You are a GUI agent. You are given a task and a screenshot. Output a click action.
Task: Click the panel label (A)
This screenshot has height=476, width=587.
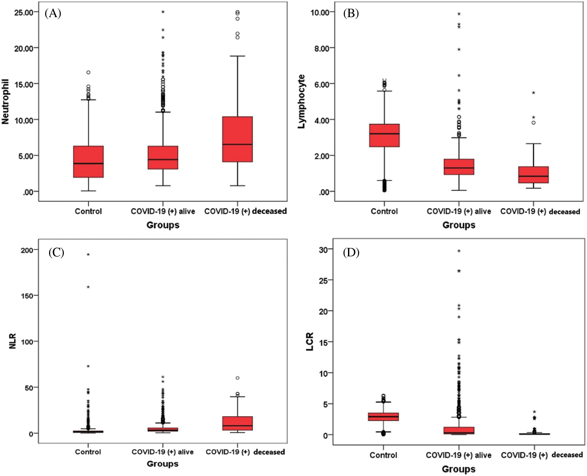point(53,14)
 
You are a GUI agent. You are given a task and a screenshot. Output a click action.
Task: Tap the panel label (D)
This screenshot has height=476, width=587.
point(351,253)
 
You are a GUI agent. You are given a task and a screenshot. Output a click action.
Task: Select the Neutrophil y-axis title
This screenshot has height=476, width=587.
point(5,102)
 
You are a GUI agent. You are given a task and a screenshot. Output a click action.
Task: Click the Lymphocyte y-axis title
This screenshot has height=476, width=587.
point(301,102)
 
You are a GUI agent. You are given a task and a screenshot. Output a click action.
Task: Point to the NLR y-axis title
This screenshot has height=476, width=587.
point(12,341)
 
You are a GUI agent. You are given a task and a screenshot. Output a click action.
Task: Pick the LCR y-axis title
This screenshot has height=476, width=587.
point(310,342)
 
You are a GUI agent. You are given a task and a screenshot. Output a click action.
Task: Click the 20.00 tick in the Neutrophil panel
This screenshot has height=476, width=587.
point(24,48)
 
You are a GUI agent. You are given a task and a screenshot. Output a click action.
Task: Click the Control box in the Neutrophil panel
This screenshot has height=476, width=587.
point(89,162)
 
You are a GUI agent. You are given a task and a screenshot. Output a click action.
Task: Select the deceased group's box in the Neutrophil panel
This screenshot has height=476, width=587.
point(238,139)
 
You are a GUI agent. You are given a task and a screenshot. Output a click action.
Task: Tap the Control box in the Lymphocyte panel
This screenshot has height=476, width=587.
point(384,135)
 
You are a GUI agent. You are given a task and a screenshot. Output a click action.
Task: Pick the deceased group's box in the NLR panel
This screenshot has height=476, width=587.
point(238,423)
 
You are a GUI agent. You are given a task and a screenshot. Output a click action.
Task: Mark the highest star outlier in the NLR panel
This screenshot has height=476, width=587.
point(88,255)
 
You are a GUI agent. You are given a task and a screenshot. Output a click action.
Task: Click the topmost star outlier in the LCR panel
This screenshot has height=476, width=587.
point(459,251)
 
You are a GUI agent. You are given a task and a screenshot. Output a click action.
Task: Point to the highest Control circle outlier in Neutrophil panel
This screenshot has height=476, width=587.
point(89,73)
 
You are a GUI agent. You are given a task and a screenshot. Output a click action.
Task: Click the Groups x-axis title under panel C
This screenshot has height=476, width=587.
point(163,464)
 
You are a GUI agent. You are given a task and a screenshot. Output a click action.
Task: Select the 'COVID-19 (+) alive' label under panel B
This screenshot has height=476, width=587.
point(459,212)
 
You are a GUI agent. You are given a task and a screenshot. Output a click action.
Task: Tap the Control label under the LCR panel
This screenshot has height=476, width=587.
point(384,455)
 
